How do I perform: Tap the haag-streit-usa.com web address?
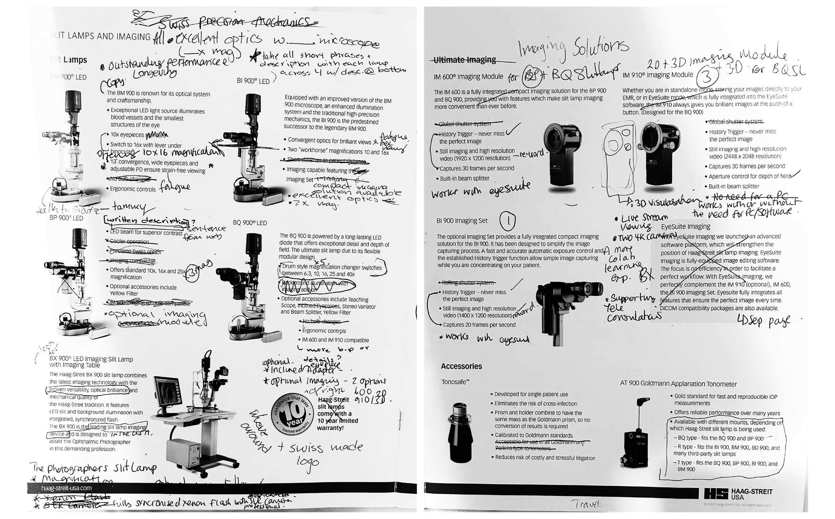[x=66, y=488]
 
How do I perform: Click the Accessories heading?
[x=461, y=366]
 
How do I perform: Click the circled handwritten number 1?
[x=507, y=221]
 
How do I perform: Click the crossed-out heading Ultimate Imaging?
[x=464, y=60]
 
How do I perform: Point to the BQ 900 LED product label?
[x=250, y=223]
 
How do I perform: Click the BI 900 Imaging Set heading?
[x=462, y=221]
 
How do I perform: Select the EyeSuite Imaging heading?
[x=685, y=227]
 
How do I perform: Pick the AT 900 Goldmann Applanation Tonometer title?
[x=678, y=384]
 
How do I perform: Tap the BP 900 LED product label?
[x=66, y=218]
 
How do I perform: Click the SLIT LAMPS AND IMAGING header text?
[x=100, y=36]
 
